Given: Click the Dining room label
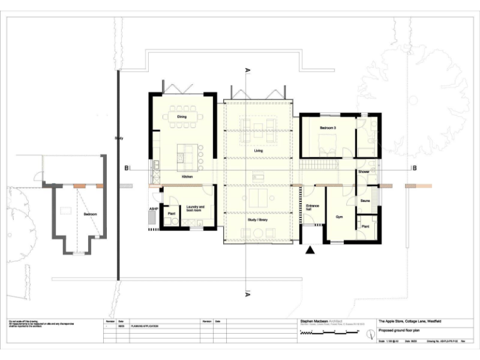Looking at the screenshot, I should coord(182,117).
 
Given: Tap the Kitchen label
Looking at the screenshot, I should coord(186,177).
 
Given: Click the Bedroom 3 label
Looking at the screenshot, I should coord(328,128).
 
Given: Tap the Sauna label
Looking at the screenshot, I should coord(365,201).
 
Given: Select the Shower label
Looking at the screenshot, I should coord(364,171).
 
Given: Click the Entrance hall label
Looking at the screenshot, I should coord(312,208).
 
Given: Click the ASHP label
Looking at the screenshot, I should coord(152,208).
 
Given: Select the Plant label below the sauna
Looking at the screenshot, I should coord(366,226).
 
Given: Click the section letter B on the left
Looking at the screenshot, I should coord(126,167).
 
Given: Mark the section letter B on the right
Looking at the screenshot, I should coord(412,167).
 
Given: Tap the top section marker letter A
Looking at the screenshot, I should coord(248,71).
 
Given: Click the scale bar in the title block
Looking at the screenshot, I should coord(331,334).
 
